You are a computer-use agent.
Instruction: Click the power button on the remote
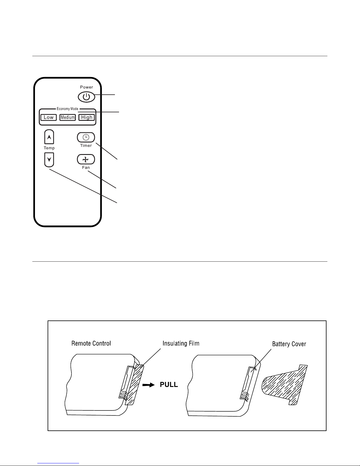(x=86, y=97)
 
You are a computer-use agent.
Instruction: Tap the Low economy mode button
(x=49, y=117)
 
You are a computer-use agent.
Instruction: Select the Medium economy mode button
(x=68, y=117)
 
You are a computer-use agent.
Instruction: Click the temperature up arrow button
(x=49, y=137)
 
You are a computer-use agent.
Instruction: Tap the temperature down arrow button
(x=49, y=160)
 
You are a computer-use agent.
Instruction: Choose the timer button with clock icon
(x=86, y=137)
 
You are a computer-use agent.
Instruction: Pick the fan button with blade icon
(x=86, y=159)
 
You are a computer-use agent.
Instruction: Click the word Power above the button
(x=86, y=87)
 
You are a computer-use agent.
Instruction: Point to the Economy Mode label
(x=67, y=109)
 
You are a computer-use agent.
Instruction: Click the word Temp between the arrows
(x=49, y=148)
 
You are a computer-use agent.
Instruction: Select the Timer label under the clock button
(x=86, y=146)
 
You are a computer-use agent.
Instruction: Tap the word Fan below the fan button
(x=86, y=167)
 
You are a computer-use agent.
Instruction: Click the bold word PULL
(x=169, y=385)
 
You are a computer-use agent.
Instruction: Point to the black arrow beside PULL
(x=148, y=385)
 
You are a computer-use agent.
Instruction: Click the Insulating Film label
(x=181, y=343)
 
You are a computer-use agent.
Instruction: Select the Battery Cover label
(x=289, y=344)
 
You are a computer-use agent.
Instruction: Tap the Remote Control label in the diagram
(x=91, y=343)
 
